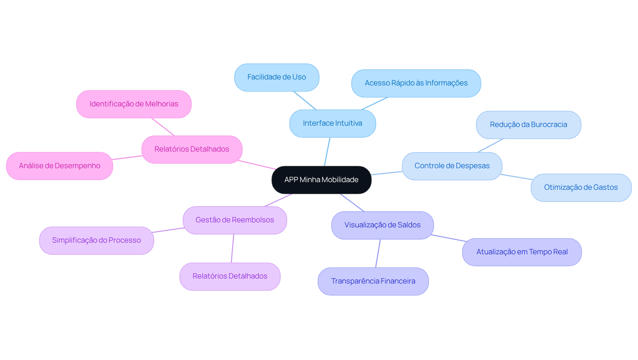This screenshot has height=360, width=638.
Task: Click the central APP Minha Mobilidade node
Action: (321, 180)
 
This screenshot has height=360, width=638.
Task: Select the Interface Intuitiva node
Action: (332, 123)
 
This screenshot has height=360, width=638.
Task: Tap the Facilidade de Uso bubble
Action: (276, 77)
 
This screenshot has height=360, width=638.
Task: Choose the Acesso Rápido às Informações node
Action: (416, 83)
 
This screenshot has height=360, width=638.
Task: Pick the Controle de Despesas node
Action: (452, 166)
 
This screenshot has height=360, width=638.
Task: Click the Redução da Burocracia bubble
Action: (528, 125)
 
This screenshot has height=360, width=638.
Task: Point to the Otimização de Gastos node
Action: (581, 187)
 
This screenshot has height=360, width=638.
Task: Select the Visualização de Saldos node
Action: (382, 225)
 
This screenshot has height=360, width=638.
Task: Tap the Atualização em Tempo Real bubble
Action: (522, 252)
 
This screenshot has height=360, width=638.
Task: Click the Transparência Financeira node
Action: (373, 281)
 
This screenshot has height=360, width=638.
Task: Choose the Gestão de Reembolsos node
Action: (235, 220)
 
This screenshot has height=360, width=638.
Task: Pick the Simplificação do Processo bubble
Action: (96, 240)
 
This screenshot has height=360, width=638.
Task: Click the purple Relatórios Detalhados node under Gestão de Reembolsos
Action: (230, 276)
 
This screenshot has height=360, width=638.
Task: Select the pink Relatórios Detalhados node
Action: (192, 149)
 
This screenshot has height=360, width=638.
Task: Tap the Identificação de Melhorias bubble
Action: (134, 104)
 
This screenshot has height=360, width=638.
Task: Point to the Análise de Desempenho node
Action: (59, 166)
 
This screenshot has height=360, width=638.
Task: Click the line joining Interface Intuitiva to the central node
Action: (327, 152)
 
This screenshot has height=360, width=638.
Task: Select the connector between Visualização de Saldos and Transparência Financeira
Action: (378, 253)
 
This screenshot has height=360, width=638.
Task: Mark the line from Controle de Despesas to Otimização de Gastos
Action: (516, 177)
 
